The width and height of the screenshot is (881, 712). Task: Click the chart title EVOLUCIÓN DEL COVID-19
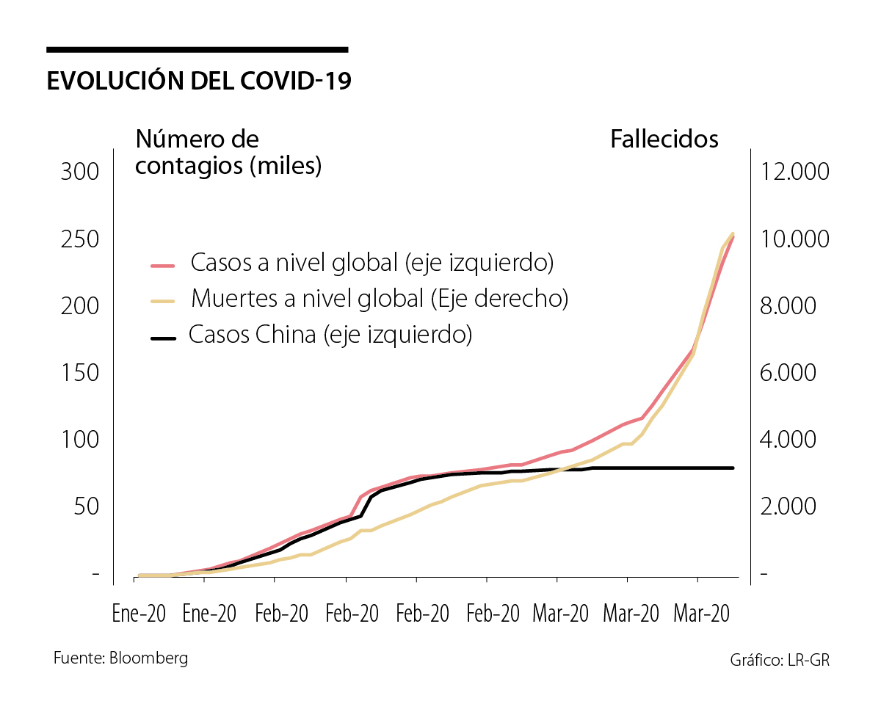(x=198, y=81)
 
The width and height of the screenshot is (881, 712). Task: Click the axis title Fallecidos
(x=664, y=139)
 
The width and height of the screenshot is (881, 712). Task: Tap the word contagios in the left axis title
(x=189, y=166)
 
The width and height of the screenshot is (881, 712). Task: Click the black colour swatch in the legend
(x=163, y=338)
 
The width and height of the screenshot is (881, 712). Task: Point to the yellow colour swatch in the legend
(x=163, y=301)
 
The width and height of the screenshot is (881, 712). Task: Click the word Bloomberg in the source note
(x=148, y=658)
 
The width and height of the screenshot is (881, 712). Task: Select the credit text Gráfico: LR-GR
(x=779, y=660)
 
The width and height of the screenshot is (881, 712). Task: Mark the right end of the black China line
(x=733, y=468)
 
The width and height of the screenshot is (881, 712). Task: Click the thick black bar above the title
(x=197, y=50)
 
